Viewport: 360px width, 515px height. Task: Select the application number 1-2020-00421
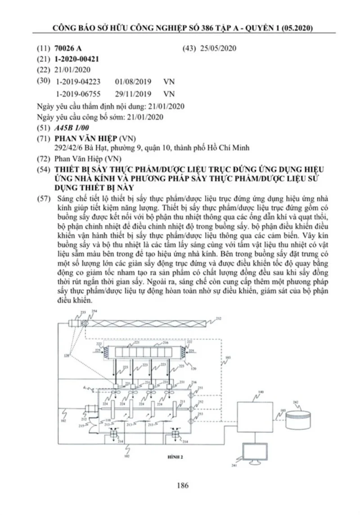click(x=76, y=59)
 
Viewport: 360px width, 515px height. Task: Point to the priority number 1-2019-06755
click(x=79, y=94)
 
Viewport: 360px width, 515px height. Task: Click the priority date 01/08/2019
click(x=133, y=82)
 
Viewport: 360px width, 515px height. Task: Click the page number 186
click(x=182, y=485)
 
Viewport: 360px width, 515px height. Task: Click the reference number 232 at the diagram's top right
click(x=218, y=318)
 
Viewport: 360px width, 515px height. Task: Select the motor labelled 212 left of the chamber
click(x=90, y=409)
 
